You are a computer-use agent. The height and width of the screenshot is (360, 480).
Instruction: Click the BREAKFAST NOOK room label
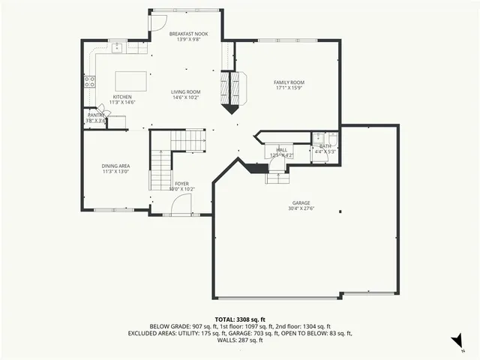(188, 34)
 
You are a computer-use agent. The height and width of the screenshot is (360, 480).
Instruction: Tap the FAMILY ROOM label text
(288, 82)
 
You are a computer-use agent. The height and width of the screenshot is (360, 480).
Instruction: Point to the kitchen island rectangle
(131, 80)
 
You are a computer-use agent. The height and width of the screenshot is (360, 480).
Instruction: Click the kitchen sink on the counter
(118, 47)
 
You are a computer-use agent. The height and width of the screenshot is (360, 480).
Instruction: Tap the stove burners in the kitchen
(89, 81)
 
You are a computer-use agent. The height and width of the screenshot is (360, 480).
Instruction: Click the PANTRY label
(96, 115)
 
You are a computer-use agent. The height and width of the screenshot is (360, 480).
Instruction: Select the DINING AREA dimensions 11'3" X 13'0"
(116, 172)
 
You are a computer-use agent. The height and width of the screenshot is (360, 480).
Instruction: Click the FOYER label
(182, 183)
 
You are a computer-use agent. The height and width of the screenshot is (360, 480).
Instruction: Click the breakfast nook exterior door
(158, 22)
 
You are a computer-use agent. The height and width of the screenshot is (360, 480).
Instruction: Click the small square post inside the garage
(340, 211)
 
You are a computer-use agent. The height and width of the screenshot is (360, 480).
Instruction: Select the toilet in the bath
(319, 139)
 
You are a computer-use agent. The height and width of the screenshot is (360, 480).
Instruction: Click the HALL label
(281, 150)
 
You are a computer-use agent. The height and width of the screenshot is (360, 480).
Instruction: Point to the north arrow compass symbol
(457, 343)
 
